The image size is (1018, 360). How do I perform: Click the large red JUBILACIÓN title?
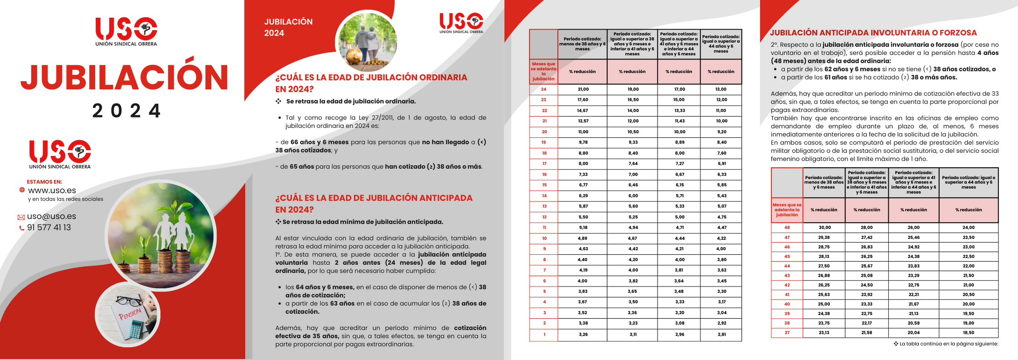point(124,77)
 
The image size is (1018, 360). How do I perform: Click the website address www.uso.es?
point(52,190)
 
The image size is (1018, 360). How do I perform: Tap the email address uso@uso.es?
point(51,216)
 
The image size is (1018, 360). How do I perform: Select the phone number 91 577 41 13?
point(49,228)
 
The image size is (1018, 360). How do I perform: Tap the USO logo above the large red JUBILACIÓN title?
point(126,31)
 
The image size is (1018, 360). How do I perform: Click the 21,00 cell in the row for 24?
point(583,89)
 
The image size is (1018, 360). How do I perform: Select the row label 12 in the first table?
point(544,217)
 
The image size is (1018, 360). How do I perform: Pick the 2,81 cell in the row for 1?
point(721,334)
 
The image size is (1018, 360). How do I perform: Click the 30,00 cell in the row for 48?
point(824,228)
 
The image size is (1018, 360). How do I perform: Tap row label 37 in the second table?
point(787,333)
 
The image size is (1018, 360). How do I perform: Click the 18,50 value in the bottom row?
point(968,333)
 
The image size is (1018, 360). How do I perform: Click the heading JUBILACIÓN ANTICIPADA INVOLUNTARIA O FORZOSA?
point(873,33)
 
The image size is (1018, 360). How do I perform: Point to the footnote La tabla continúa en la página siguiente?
point(948,344)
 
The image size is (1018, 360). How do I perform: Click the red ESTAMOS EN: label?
point(44,182)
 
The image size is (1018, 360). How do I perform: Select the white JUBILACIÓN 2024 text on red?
point(288,27)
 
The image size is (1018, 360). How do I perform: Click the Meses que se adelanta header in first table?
point(544,72)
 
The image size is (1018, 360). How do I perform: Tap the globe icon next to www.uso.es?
point(22,190)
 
